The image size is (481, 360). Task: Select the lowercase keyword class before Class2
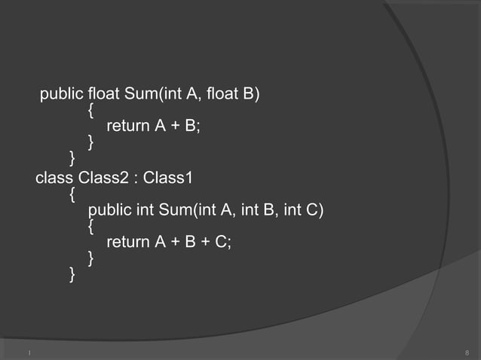[54, 178]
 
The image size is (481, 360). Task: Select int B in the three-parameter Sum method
[263, 209]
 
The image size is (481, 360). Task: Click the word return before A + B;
[128, 126]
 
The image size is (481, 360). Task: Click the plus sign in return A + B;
[173, 126]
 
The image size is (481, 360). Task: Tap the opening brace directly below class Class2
[72, 194]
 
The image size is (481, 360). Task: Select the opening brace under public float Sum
[90, 110]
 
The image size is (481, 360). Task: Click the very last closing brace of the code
[72, 274]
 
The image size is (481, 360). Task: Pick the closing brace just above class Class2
[72, 157]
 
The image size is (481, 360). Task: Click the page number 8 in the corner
[467, 352]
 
